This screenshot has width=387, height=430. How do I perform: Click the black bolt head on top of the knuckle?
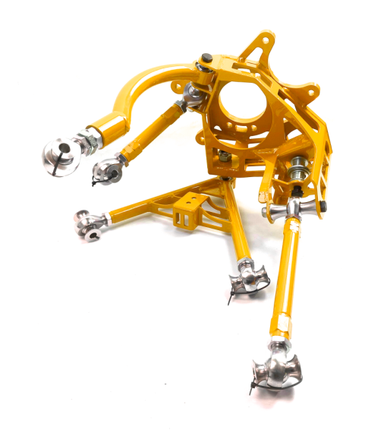tap(207, 59)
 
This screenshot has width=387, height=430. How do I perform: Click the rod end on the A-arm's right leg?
tap(246, 277)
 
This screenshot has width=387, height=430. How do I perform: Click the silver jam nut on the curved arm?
tap(89, 138)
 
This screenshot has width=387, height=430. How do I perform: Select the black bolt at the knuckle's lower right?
tap(324, 206)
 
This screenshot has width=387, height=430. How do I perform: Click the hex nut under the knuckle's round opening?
tap(223, 157)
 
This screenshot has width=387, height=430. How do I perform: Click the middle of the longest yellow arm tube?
tap(287, 273)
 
